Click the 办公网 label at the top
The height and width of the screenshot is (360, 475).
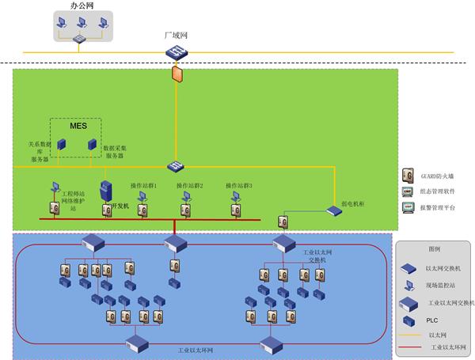click(79, 5)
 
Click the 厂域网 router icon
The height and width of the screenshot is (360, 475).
click(175, 51)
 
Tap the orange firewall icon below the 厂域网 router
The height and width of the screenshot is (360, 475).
click(176, 75)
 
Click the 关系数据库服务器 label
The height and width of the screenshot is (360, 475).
click(39, 151)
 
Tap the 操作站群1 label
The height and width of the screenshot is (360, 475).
click(143, 186)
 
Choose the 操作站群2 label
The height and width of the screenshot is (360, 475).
click(190, 186)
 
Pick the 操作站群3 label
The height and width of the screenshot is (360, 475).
click(238, 186)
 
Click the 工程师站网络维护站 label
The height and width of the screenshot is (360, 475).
click(74, 200)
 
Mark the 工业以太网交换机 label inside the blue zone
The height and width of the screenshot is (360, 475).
click(300, 256)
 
